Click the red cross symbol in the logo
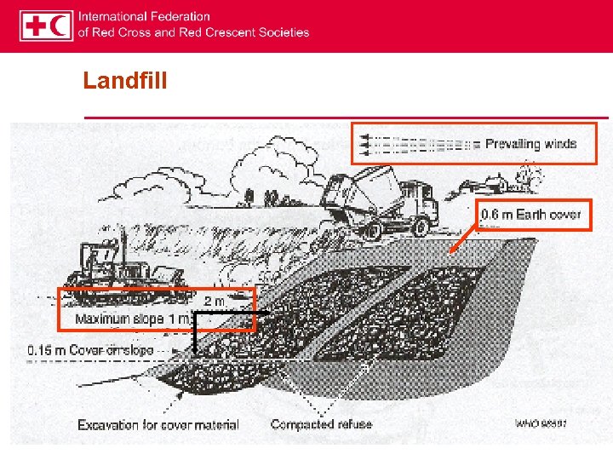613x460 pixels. click(x=35, y=26)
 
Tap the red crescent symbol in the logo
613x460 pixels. click(x=58, y=26)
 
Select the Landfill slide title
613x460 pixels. click(x=125, y=82)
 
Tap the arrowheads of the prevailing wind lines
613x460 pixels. click(x=364, y=143)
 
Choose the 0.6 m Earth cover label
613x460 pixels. click(x=530, y=214)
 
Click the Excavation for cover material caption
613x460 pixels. click(x=158, y=424)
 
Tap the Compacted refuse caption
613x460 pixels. click(x=321, y=424)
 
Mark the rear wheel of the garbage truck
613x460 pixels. click(x=421, y=227)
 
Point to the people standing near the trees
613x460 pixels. click(x=259, y=198)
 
